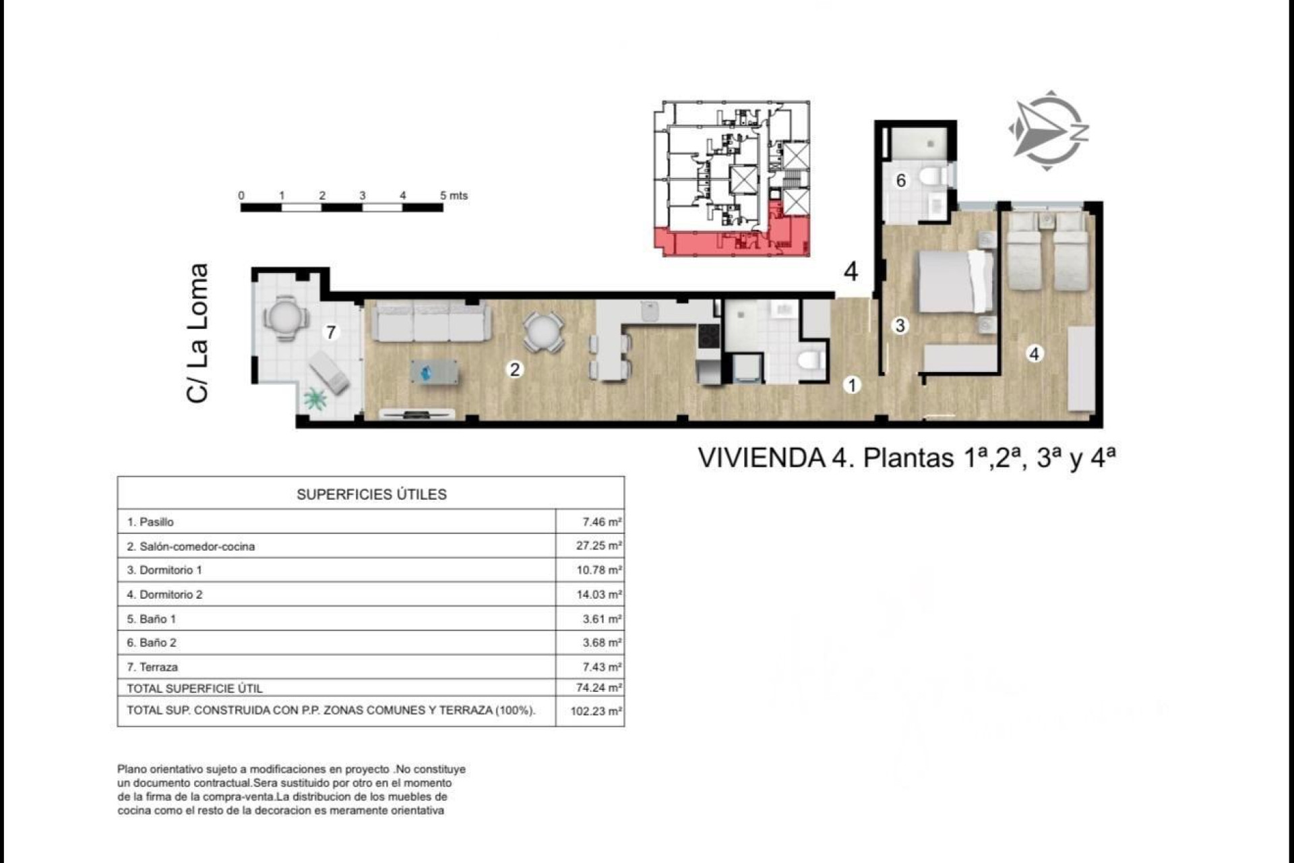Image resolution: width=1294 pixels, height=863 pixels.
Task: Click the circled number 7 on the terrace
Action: coord(331,332)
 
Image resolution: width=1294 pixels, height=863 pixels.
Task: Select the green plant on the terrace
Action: coord(315,399)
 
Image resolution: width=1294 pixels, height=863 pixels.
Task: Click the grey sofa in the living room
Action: coord(431,322)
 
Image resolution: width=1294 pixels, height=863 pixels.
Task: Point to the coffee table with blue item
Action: coord(434,372)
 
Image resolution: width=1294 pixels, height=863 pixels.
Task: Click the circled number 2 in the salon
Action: coord(515,369)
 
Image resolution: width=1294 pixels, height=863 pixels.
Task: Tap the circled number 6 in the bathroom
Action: coord(901,181)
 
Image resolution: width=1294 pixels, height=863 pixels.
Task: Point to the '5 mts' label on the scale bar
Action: coord(454,196)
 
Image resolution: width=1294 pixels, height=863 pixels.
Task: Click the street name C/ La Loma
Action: coord(197,333)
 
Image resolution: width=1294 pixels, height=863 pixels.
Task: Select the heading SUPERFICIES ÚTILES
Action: coord(371,494)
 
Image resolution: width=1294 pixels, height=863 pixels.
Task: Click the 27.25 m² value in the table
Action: coord(598,545)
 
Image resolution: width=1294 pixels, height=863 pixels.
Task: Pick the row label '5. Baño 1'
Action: coord(152,618)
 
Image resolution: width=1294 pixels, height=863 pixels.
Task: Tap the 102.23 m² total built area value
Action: coord(596,711)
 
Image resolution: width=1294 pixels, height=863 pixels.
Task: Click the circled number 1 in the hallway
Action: coord(852,385)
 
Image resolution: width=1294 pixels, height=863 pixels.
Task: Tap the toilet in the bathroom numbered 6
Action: coord(933,177)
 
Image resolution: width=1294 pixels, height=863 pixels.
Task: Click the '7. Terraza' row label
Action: coord(153,667)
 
